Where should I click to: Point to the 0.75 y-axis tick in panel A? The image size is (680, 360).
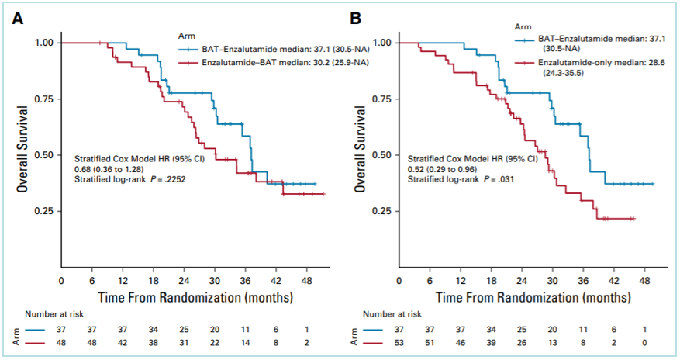(43, 99)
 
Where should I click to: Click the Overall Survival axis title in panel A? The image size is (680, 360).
(26, 155)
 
